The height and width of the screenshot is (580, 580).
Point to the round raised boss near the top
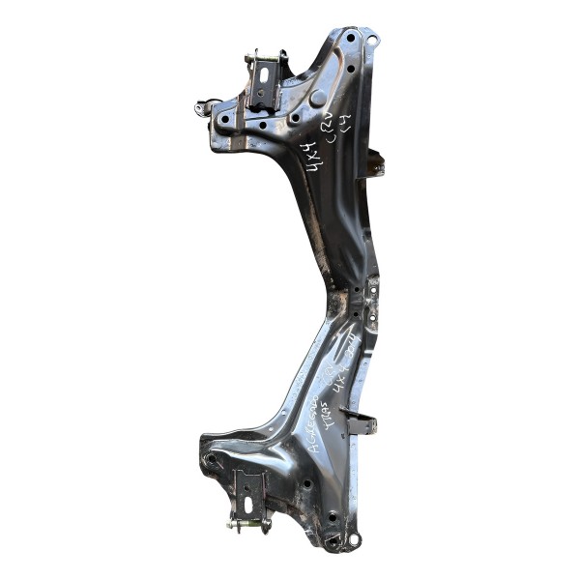coord(316,98)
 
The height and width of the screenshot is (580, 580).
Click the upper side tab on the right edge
coord(375,165)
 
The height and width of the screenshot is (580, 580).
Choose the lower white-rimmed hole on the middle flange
coord(368,311)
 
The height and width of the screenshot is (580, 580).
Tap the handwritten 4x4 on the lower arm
coord(346,372)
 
